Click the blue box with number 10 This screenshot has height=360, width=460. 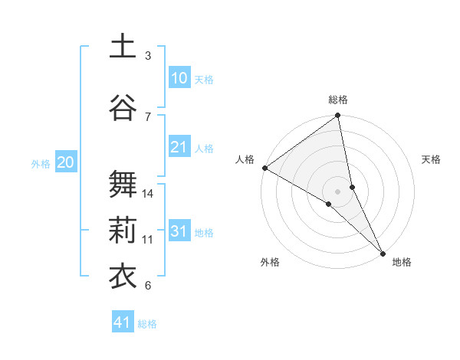coord(179,78)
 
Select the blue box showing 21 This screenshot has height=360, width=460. coord(179,147)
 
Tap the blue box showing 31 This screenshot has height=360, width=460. coord(179,231)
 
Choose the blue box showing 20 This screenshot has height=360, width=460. coord(65,162)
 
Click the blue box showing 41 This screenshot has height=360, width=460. coord(123,322)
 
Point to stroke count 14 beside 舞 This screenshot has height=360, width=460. coord(148,194)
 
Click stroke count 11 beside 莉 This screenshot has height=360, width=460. coord(148,240)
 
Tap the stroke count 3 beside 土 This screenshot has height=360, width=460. coord(148,56)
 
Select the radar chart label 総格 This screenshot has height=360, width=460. coord(338,100)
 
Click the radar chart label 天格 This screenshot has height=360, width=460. coord(431,159)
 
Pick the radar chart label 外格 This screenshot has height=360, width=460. coord(270,262)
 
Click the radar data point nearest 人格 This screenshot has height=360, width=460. coord(264,168)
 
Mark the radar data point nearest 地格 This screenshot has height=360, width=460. coord(383,252)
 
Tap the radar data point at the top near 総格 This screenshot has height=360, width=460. coord(338,116)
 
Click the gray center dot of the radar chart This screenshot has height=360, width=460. coord(338,191)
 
